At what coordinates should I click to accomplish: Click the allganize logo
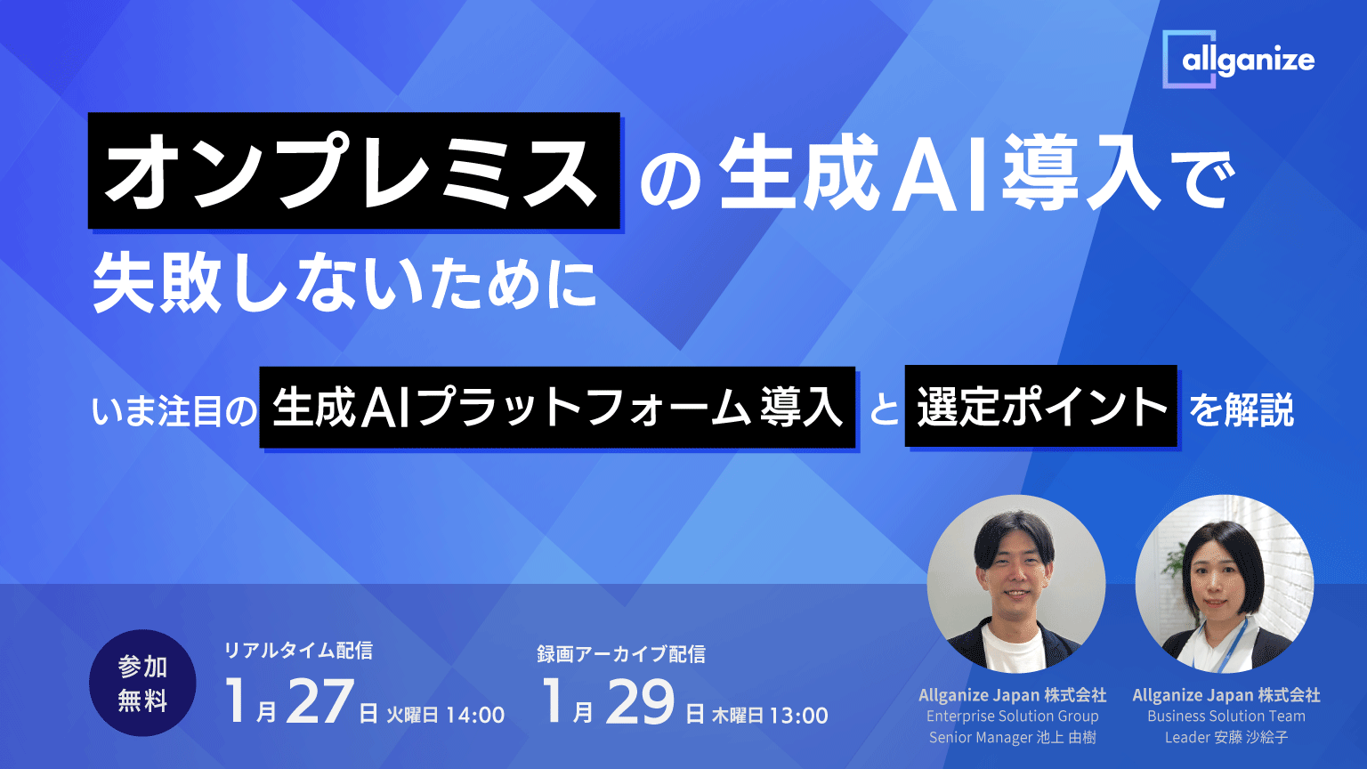[1238, 60]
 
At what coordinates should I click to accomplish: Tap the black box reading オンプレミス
[353, 171]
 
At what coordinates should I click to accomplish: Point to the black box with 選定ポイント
[1040, 407]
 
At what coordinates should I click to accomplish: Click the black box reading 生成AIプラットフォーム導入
[558, 407]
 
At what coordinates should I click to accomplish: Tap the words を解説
[1242, 409]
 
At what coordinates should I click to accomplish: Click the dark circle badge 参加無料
[142, 684]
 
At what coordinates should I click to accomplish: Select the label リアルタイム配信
[297, 651]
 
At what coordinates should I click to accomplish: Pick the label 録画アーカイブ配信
[620, 654]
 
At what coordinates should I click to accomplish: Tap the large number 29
[639, 702]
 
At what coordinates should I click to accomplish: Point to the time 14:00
[475, 715]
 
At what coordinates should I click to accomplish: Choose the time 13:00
[798, 715]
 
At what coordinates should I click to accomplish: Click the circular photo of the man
[1015, 583]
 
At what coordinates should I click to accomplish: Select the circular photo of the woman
[1224, 583]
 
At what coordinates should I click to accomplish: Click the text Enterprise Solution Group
[1012, 716]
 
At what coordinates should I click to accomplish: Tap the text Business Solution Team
[1225, 716]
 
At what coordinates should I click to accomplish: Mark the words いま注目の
[174, 411]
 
